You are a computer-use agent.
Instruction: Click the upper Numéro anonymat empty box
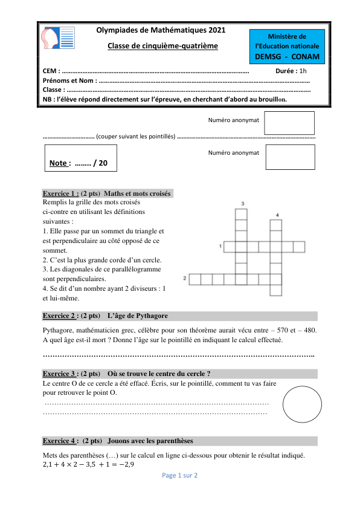(290, 123)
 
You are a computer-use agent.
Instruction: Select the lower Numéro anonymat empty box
(290, 158)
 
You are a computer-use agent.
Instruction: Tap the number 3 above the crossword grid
(242, 203)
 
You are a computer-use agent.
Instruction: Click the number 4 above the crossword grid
(277, 215)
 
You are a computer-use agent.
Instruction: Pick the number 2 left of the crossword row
(184, 278)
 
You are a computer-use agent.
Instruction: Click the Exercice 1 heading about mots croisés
(108, 193)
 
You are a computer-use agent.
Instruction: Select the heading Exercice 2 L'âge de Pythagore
(106, 316)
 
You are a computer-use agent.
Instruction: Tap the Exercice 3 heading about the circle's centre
(127, 374)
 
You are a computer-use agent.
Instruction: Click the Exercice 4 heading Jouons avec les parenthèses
(118, 441)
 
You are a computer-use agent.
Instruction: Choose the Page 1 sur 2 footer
(180, 476)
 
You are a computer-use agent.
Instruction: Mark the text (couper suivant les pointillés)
(136, 137)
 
